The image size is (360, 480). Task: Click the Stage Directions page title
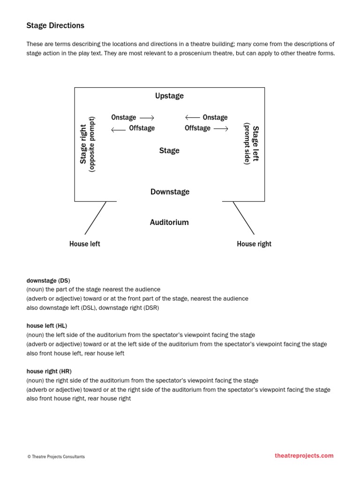[55, 25]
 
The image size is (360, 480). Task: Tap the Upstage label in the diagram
[169, 96]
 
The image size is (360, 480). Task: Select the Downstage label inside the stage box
[170, 192]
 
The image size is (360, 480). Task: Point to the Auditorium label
[169, 222]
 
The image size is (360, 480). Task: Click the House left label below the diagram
[84, 244]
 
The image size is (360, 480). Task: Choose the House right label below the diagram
[254, 244]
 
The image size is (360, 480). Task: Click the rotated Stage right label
[83, 144]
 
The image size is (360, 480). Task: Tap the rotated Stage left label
[255, 143]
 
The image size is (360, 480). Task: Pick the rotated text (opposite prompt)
[92, 144]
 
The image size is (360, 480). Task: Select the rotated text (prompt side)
[247, 143]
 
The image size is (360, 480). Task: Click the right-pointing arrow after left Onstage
[147, 118]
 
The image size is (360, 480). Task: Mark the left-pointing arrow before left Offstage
[118, 128]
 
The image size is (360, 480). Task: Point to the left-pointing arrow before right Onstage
[193, 118]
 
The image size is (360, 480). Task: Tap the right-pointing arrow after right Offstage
[221, 128]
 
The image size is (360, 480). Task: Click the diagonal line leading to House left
[95, 218]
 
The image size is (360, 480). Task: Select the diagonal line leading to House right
[244, 218]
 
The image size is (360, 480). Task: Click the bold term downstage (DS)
[48, 280]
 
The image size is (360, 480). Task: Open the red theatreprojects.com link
[304, 455]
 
